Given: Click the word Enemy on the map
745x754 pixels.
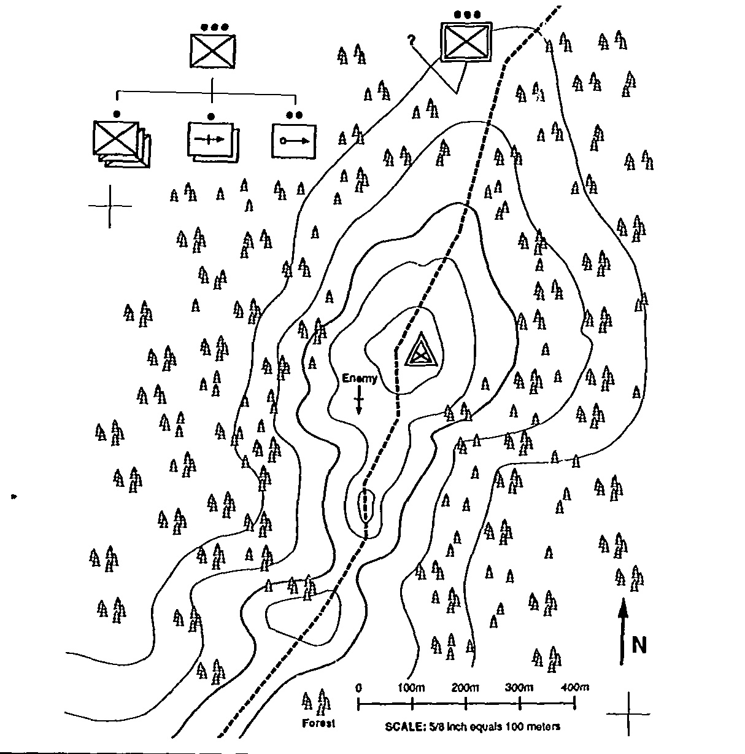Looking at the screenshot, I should (x=360, y=379).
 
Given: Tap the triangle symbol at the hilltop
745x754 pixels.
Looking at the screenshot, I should (x=421, y=351).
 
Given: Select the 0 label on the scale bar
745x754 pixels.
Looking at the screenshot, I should (x=359, y=687).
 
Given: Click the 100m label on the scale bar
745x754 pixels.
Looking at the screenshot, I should (x=411, y=687).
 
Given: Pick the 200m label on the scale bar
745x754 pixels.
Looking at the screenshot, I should (x=465, y=687).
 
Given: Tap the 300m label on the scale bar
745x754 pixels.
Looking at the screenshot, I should (x=519, y=687).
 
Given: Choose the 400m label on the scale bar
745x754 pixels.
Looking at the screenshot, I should (x=574, y=687).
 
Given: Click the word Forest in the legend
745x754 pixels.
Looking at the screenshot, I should (x=318, y=723).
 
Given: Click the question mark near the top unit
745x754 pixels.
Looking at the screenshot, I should (x=411, y=41).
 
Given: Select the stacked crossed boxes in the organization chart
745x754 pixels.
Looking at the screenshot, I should (x=120, y=142).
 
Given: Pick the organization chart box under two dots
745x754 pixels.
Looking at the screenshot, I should (x=293, y=141).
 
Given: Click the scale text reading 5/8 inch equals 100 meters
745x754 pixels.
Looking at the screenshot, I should (x=473, y=727).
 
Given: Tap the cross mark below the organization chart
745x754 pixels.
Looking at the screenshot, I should (x=110, y=206).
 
